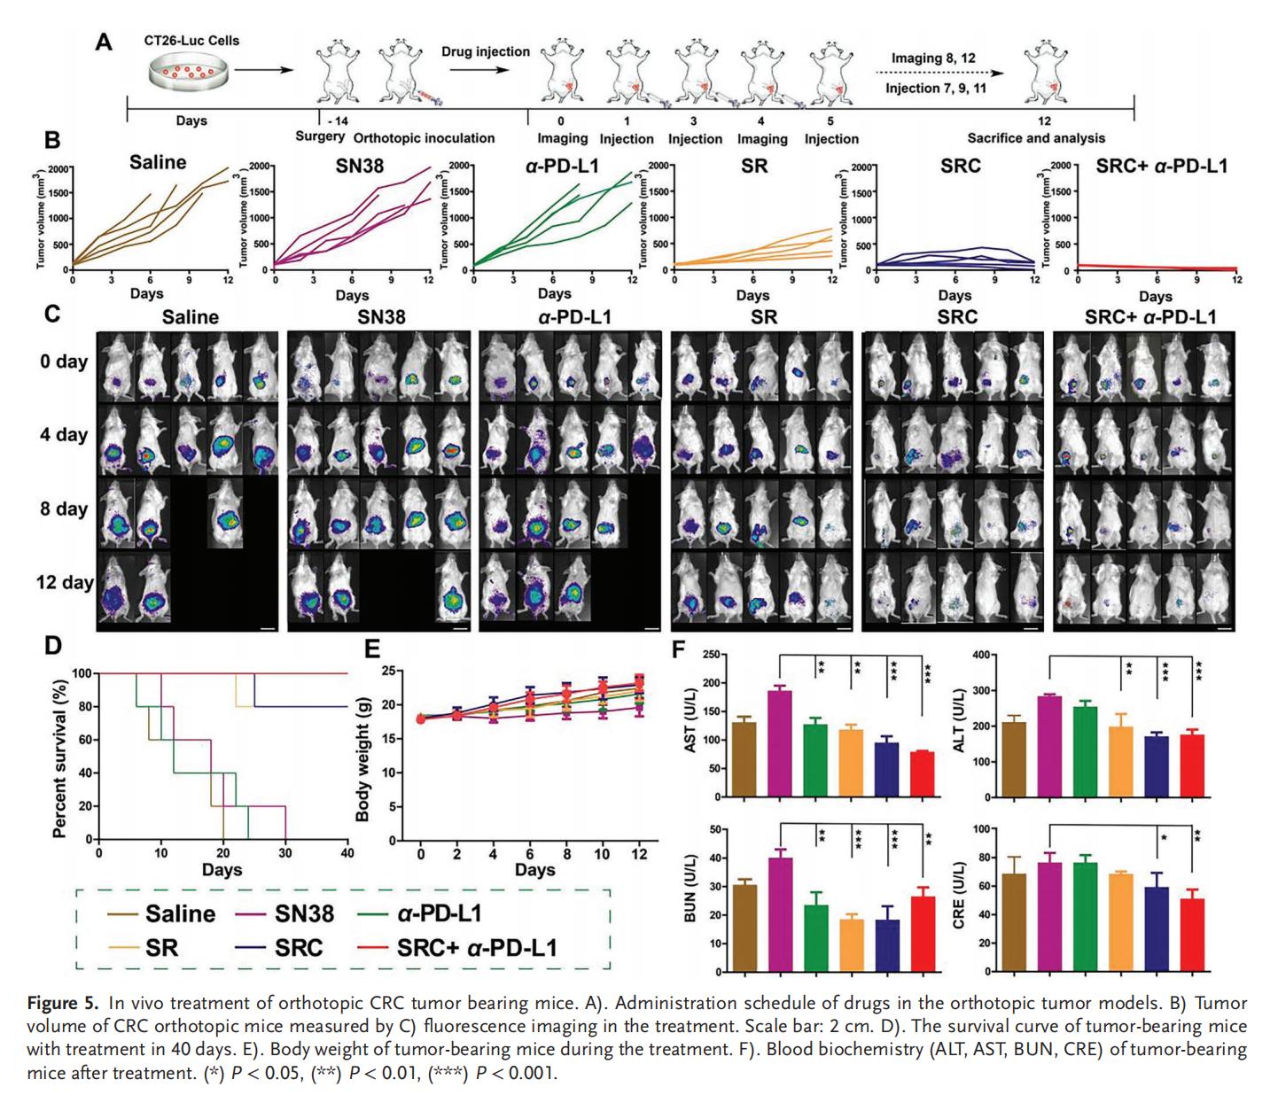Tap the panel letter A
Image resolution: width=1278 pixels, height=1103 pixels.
pos(104,42)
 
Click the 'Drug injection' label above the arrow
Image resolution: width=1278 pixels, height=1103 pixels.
pos(486,51)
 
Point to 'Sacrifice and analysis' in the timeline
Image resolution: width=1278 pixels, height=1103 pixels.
pos(1036,138)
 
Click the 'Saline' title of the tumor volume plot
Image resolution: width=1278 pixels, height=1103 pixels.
pos(158,162)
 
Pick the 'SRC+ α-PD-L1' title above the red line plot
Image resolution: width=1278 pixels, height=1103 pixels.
pos(1161,165)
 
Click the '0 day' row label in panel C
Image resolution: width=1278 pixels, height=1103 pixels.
pos(63,361)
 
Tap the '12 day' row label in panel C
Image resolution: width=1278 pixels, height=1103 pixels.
pos(64,583)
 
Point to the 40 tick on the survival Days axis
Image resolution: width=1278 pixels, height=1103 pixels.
pos(347,854)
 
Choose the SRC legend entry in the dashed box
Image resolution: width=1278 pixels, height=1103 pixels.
pos(299,947)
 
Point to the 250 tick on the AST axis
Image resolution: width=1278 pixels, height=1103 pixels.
pos(709,655)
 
